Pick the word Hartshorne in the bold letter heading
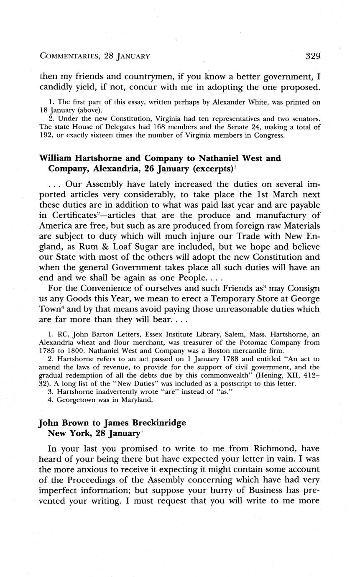(x=96, y=158)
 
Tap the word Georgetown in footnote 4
(x=79, y=400)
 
